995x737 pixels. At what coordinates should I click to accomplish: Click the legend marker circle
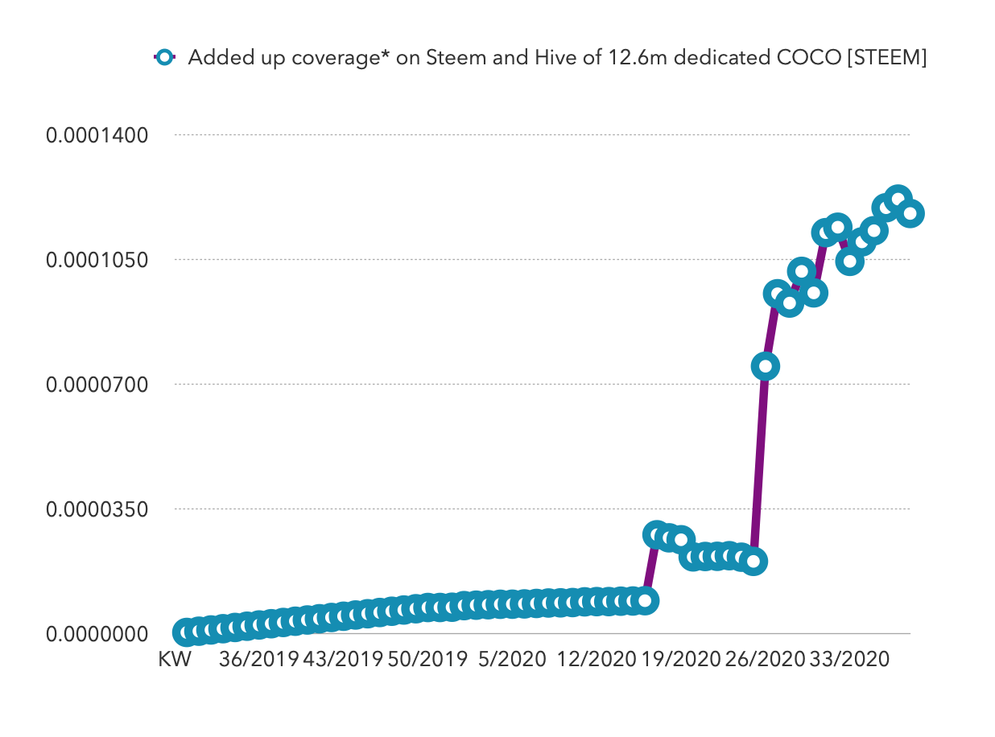(165, 58)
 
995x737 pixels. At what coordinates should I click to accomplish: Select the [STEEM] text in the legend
(886, 58)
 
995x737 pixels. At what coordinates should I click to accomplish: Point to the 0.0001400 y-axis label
(97, 135)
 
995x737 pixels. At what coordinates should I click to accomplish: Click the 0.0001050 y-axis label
(97, 260)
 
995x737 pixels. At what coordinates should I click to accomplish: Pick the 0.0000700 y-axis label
(97, 385)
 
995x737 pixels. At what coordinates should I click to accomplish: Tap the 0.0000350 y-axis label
(97, 509)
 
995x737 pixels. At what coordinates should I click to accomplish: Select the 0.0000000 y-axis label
(97, 634)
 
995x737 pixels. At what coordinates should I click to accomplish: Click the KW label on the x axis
(175, 660)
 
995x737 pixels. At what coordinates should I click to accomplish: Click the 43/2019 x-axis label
(343, 660)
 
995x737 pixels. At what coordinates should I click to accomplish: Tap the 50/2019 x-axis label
(427, 660)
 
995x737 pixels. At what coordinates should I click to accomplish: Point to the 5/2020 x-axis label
(512, 660)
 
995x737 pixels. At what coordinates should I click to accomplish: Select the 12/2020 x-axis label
(597, 660)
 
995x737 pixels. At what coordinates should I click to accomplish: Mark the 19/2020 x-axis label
(681, 660)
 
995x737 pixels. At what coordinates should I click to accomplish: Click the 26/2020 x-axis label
(766, 660)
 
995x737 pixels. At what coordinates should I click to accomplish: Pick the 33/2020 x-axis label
(850, 660)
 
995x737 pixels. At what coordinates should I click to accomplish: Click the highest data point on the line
(898, 199)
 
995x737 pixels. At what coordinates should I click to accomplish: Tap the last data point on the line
(910, 213)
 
